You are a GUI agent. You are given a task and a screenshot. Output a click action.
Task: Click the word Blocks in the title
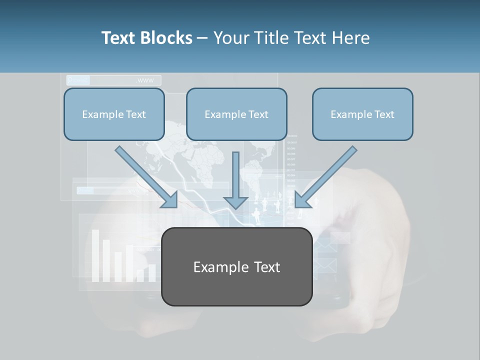167,38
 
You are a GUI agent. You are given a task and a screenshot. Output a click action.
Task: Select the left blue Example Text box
114,114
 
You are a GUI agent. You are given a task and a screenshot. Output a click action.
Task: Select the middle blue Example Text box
236,114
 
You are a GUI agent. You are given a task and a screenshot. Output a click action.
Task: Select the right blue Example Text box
362,114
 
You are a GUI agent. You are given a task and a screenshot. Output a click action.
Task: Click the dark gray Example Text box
237,266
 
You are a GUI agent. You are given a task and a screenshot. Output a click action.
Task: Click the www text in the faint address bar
145,80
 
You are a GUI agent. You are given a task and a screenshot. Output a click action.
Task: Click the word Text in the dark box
267,267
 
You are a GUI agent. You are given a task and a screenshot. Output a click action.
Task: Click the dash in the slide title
202,38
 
